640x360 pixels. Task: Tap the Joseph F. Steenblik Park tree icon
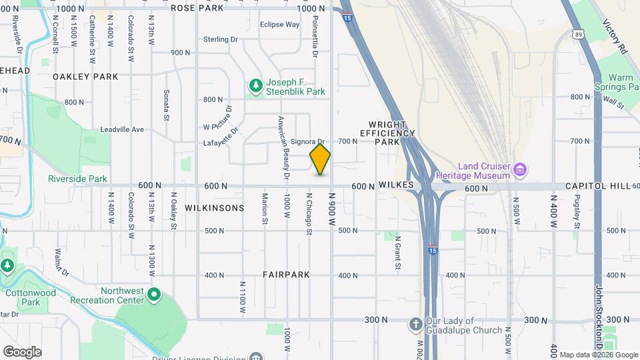255,86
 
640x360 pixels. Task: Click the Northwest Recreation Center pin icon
155,294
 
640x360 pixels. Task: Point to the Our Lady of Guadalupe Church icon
415,324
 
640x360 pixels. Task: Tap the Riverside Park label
77,179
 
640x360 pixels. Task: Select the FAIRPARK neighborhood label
286,275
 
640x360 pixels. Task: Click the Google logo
22,351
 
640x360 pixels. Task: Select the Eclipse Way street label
279,25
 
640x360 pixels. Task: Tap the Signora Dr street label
307,142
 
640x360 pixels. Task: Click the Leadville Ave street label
122,129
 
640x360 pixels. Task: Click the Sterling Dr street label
220,39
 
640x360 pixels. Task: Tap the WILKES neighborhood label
397,185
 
